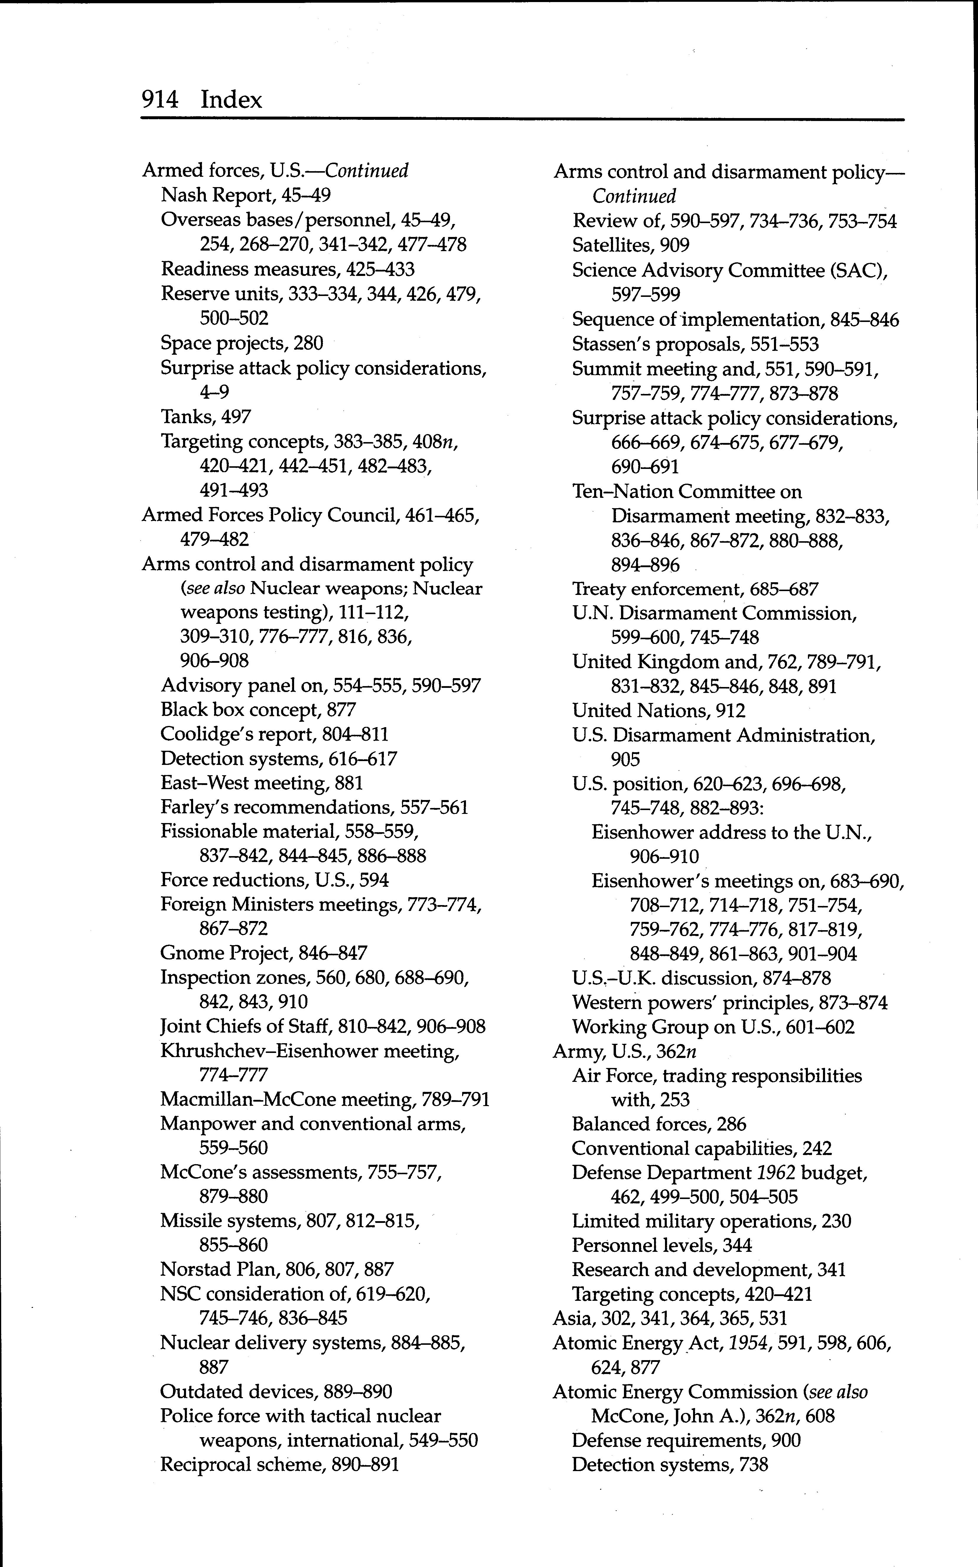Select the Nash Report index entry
coord(246,194)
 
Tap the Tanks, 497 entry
coord(206,416)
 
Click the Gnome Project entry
coord(263,953)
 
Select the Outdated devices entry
coord(276,1391)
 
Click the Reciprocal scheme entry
coord(279,1464)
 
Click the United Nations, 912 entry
coord(658,710)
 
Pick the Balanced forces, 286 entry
coord(658,1124)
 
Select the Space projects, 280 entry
coord(242,343)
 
